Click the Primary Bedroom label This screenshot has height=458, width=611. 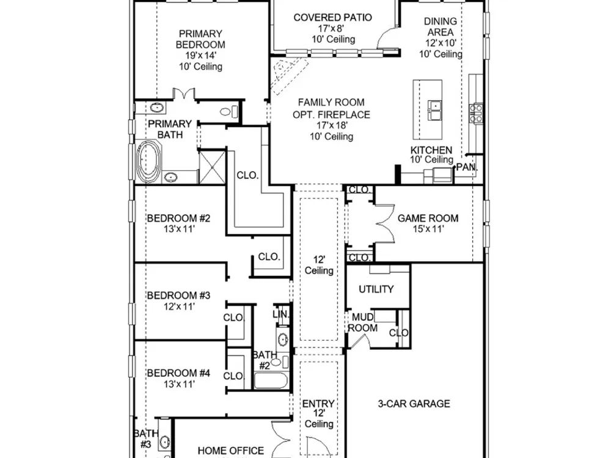(200, 39)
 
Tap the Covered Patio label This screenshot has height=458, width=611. (333, 18)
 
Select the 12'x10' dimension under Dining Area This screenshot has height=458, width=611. (441, 43)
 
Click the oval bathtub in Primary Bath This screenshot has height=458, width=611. (148, 162)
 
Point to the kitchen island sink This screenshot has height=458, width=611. (435, 110)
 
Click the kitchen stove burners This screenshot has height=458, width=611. (476, 114)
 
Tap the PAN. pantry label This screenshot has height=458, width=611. (467, 167)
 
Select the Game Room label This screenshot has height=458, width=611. (428, 218)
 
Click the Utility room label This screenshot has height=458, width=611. (376, 289)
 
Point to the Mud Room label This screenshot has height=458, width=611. (363, 322)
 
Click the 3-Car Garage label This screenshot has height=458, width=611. (414, 404)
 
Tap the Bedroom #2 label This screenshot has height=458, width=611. (179, 218)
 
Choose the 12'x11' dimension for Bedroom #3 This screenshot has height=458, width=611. (179, 307)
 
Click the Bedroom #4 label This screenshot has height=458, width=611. (179, 373)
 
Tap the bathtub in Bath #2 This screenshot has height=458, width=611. (271, 380)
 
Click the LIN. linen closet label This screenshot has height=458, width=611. (281, 314)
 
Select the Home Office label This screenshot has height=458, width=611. (231, 451)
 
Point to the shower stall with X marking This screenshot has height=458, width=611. (213, 167)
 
